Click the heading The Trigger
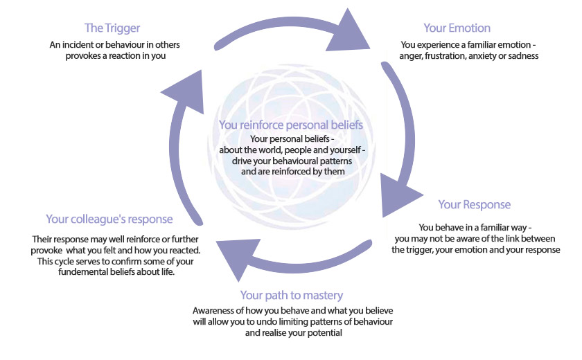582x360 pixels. [113, 28]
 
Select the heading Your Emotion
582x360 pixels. [457, 28]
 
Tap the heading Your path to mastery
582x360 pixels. [291, 296]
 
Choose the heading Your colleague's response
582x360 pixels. [109, 219]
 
